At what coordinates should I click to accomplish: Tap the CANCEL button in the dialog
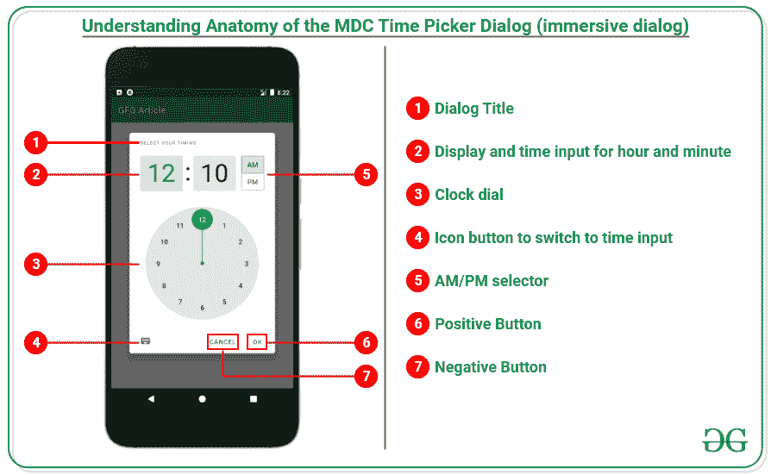[223, 342]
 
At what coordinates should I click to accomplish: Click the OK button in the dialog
[257, 342]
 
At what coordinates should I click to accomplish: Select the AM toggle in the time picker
[253, 165]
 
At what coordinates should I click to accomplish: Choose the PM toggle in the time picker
[253, 183]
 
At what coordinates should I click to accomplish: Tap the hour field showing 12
[161, 173]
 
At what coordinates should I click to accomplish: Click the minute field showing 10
[215, 173]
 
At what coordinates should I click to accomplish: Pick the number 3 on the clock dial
[247, 264]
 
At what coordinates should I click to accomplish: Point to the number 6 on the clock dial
[202, 308]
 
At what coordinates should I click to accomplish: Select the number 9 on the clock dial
[158, 264]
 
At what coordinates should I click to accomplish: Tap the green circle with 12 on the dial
[202, 220]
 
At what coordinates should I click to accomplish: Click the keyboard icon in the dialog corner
[145, 341]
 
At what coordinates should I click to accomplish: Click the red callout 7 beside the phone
[367, 377]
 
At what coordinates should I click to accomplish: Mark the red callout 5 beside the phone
[367, 174]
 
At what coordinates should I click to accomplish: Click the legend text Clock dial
[468, 195]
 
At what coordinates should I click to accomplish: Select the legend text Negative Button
[490, 367]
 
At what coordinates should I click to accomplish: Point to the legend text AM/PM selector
[491, 281]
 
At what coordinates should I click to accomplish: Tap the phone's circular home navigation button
[202, 399]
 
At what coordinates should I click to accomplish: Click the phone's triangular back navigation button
[151, 399]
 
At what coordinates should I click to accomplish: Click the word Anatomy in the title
[244, 27]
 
